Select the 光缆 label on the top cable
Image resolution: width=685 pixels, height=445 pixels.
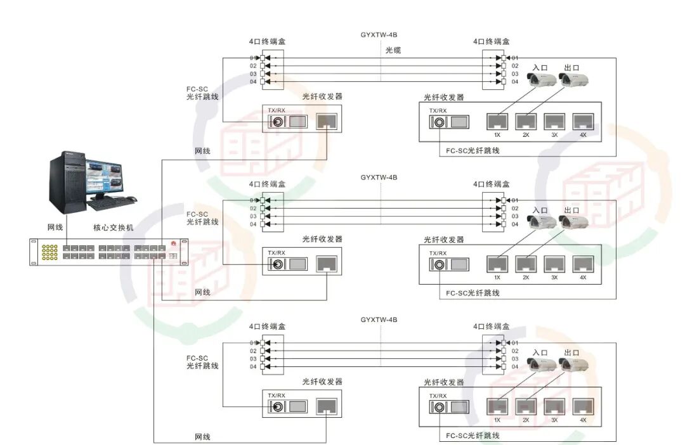tap(393, 50)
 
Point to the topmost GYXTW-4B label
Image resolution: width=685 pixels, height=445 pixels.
tap(379, 35)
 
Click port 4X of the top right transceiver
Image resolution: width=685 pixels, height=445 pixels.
tap(582, 121)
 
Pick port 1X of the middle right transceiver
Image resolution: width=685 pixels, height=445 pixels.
tap(497, 264)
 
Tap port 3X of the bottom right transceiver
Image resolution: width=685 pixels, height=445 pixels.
tap(554, 406)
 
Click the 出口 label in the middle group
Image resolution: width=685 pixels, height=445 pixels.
tap(571, 210)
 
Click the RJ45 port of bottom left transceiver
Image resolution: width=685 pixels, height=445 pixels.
tap(326, 407)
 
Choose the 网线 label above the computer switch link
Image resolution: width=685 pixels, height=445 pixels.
tap(55, 228)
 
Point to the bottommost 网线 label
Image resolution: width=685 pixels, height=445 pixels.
tap(202, 437)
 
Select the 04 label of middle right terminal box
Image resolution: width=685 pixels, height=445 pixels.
tap(515, 224)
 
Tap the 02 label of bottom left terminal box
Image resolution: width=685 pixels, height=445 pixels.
tap(253, 351)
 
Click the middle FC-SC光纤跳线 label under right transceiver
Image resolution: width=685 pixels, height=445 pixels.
tap(473, 293)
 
